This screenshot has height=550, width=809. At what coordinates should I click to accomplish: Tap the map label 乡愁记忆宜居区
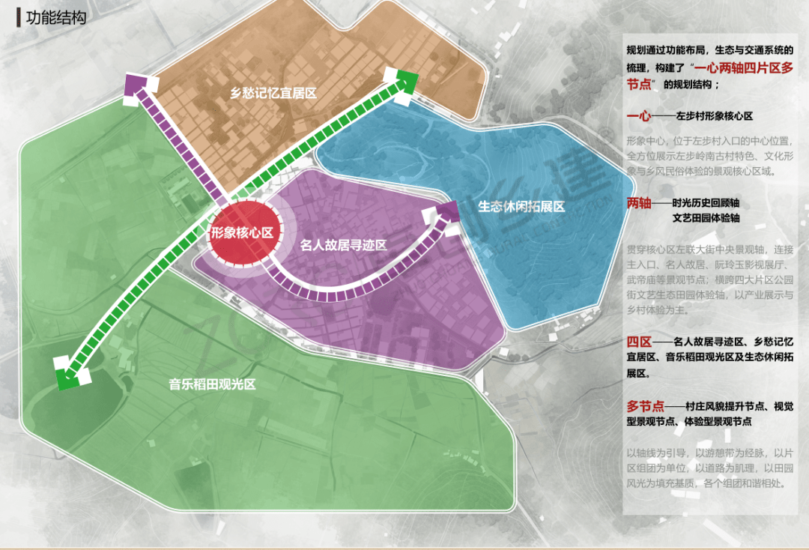273,94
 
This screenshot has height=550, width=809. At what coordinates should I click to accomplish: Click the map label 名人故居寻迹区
343,245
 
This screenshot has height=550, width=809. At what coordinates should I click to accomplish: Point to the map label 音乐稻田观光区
212,384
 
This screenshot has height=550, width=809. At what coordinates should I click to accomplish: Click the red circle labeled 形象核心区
240,233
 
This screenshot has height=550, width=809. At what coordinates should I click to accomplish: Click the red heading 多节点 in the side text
645,406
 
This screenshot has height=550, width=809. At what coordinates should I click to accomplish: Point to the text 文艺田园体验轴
706,219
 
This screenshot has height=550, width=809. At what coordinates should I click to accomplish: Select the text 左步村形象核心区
714,118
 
